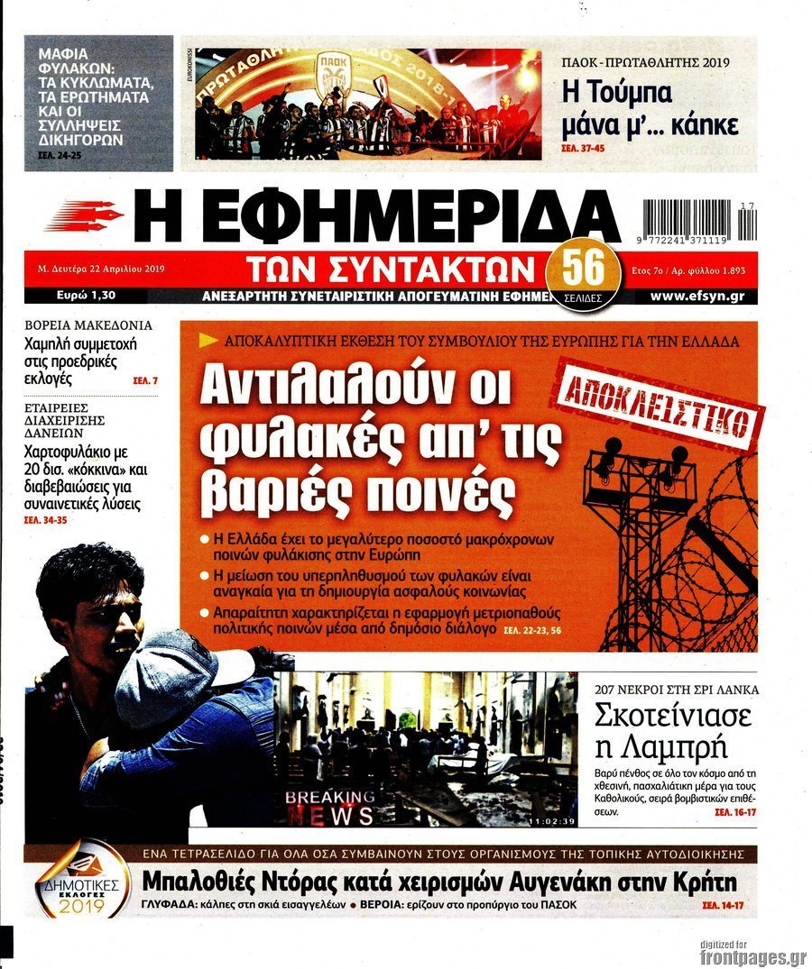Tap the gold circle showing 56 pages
coord(585,268)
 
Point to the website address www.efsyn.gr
coord(697,296)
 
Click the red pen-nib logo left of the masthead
coord(84,216)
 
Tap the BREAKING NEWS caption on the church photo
coord(329,806)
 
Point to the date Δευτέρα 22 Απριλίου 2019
coord(107,269)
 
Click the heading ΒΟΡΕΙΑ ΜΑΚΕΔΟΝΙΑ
coord(88,325)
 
